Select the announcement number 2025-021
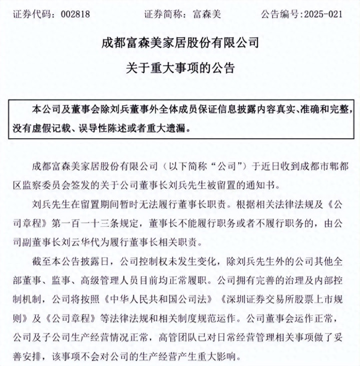pos(324,14)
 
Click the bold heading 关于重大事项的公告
pos(180,67)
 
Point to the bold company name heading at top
pos(180,43)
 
